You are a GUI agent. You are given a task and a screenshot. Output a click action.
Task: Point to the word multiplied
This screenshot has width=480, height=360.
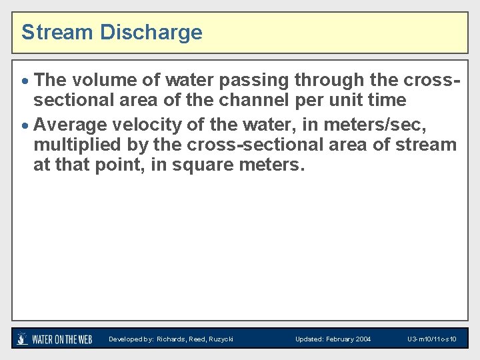[75, 144]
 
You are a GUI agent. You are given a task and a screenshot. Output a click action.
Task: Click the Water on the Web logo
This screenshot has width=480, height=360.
[55, 339]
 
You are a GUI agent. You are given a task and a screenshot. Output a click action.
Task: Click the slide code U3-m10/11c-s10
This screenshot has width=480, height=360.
[431, 339]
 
